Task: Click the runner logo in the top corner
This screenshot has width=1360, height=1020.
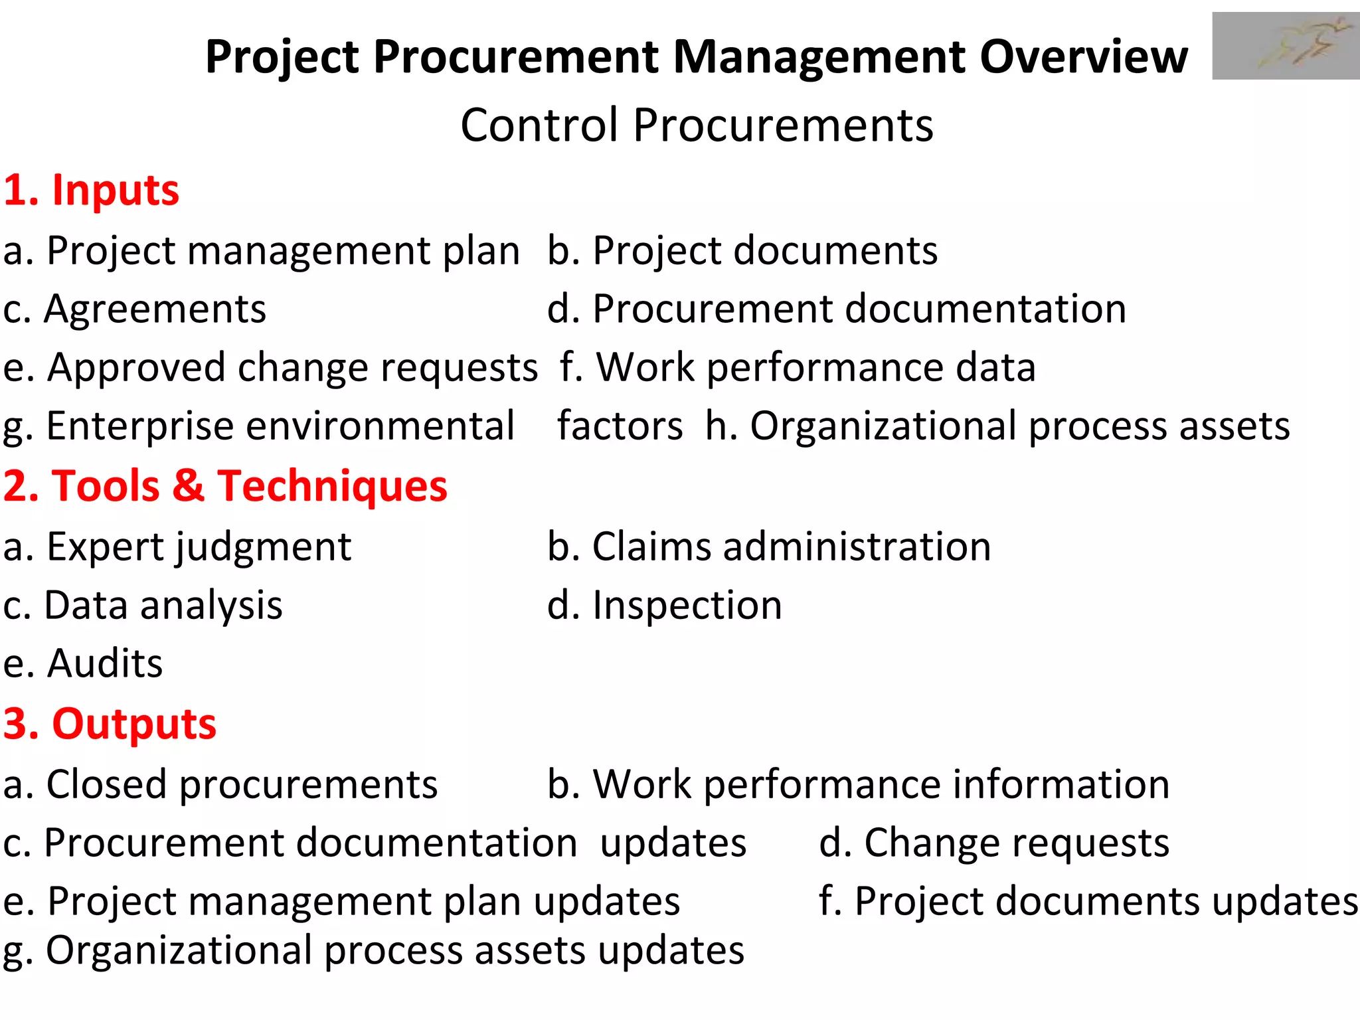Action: coord(1286,46)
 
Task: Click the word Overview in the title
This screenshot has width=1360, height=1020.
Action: coord(1084,57)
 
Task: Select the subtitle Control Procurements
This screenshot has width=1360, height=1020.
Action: coord(697,126)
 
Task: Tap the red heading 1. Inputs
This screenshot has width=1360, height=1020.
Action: coord(91,191)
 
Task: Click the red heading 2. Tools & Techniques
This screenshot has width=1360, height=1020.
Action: coord(225,486)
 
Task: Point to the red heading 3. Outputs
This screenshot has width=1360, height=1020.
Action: coord(110,724)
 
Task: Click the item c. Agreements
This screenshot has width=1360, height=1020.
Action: coord(135,309)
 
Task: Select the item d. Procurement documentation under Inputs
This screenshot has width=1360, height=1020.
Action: coord(837,309)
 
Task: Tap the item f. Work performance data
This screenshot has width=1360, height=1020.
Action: coord(797,368)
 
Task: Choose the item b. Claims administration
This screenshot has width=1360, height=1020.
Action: coord(769,547)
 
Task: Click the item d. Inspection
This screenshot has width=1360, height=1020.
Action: coord(665,606)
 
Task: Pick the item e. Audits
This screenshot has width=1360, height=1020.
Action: coord(83,663)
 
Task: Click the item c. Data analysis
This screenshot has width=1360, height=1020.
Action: coord(143,606)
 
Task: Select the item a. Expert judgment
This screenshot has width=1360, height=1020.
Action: coord(177,547)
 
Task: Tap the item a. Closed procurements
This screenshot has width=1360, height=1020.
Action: coord(220,785)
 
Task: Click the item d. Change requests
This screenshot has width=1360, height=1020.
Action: coord(994,843)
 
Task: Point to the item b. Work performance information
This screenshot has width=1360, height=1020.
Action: coord(858,785)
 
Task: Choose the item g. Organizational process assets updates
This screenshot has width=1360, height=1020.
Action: coord(373,951)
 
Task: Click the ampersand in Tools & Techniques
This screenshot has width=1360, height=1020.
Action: coord(189,486)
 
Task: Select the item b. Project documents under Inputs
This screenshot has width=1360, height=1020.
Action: coord(742,251)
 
